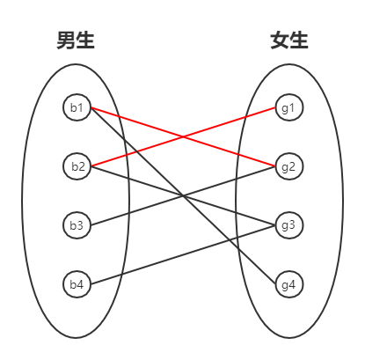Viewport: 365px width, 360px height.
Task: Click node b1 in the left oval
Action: click(77, 108)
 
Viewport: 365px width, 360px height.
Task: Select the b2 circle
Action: click(77, 166)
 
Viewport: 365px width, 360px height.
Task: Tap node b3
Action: click(77, 225)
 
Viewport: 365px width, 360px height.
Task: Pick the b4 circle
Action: click(77, 284)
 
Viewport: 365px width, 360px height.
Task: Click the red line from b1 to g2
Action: click(132, 121)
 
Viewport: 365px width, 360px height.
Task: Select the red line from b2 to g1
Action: click(132, 152)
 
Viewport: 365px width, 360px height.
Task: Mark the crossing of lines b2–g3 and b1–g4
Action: click(183, 196)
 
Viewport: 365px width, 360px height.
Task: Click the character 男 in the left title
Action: click(65, 40)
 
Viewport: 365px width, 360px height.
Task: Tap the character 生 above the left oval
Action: click(85, 40)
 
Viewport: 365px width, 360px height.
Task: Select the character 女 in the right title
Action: click(279, 40)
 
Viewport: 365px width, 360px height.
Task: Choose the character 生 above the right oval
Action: click(299, 40)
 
